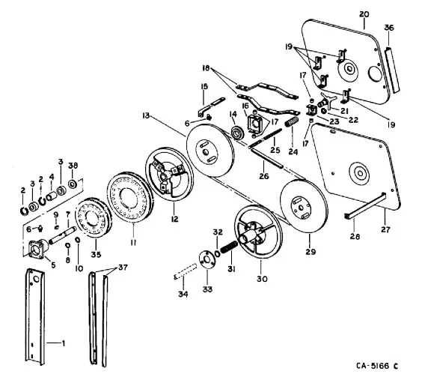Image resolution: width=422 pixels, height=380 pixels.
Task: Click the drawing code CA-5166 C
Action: pyautogui.click(x=377, y=366)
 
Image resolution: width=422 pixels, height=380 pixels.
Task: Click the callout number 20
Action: pyautogui.click(x=364, y=14)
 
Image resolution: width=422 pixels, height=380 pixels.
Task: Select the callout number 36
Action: pyautogui.click(x=388, y=28)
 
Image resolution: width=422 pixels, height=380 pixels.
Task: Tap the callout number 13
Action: pyautogui.click(x=146, y=115)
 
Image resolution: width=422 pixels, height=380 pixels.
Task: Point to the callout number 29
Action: pyautogui.click(x=311, y=251)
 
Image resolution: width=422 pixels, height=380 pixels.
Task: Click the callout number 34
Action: pyautogui.click(x=183, y=294)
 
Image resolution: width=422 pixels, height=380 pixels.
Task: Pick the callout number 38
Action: pyautogui.click(x=73, y=166)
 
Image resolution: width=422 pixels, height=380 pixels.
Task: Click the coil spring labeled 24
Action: pyautogui.click(x=292, y=123)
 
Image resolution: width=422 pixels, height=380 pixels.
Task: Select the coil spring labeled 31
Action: pyautogui.click(x=229, y=247)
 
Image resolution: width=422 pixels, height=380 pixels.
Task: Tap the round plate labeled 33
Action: pyautogui.click(x=207, y=259)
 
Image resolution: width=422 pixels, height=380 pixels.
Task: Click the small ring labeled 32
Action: pyautogui.click(x=218, y=253)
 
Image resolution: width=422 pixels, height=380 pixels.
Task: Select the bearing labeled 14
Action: pyautogui.click(x=237, y=133)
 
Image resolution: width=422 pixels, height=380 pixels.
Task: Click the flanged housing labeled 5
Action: pyautogui.click(x=37, y=248)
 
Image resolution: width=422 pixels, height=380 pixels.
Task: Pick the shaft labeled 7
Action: pyautogui.click(x=62, y=235)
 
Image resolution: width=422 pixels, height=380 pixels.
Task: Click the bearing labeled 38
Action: pyautogui.click(x=73, y=184)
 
